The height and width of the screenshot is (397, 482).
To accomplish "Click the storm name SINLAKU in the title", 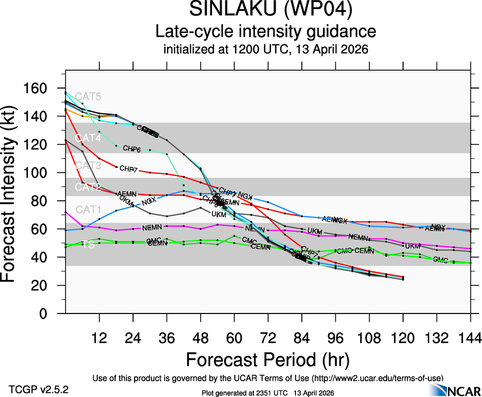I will (229, 10).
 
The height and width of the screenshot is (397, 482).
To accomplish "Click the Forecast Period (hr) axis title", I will (267, 359).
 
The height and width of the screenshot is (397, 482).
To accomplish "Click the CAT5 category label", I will (88, 97).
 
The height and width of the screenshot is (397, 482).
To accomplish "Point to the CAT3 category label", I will (88, 166).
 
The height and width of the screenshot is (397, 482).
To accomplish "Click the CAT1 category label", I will (88, 209).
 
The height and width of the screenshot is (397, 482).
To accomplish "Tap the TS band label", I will (88, 245).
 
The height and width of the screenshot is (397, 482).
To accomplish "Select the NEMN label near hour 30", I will (151, 228).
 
